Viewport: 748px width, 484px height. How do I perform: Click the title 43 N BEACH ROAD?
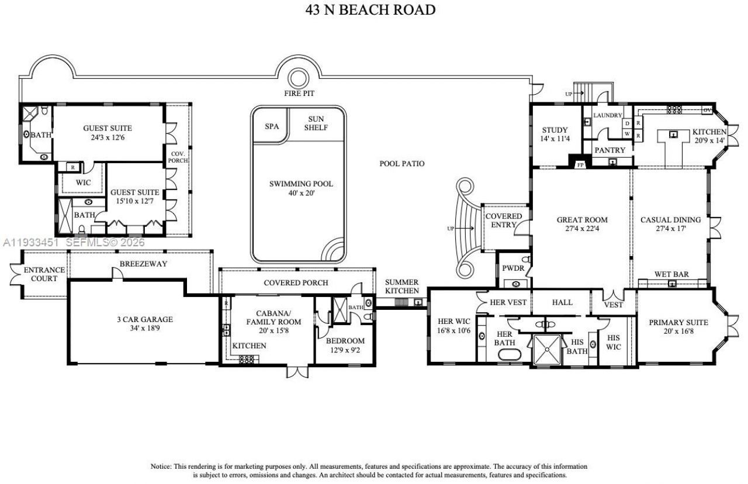pyautogui.click(x=370, y=10)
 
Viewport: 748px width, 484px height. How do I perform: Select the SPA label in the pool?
pyautogui.click(x=272, y=126)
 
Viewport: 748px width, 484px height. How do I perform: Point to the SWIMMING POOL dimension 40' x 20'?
pyautogui.click(x=301, y=193)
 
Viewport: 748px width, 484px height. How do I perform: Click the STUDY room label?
pyautogui.click(x=555, y=130)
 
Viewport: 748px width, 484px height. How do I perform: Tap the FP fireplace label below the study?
pyautogui.click(x=581, y=165)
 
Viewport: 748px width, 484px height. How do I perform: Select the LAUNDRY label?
pyautogui.click(x=608, y=115)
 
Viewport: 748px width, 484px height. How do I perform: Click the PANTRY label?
pyautogui.click(x=610, y=150)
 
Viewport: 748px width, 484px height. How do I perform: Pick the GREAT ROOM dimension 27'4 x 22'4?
pyautogui.click(x=581, y=229)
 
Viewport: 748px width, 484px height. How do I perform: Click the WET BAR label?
pyautogui.click(x=670, y=274)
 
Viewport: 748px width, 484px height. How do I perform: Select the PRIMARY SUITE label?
pyautogui.click(x=678, y=322)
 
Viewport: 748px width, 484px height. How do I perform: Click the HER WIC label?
pyautogui.click(x=454, y=320)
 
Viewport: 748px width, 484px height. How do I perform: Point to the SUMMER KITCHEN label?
pyautogui.click(x=401, y=286)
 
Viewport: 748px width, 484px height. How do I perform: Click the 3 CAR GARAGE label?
pyautogui.click(x=144, y=319)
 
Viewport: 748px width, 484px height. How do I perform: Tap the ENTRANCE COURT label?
pyautogui.click(x=44, y=274)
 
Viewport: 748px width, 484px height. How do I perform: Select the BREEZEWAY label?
pyautogui.click(x=143, y=264)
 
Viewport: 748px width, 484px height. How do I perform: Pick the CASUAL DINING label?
pyautogui.click(x=670, y=220)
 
